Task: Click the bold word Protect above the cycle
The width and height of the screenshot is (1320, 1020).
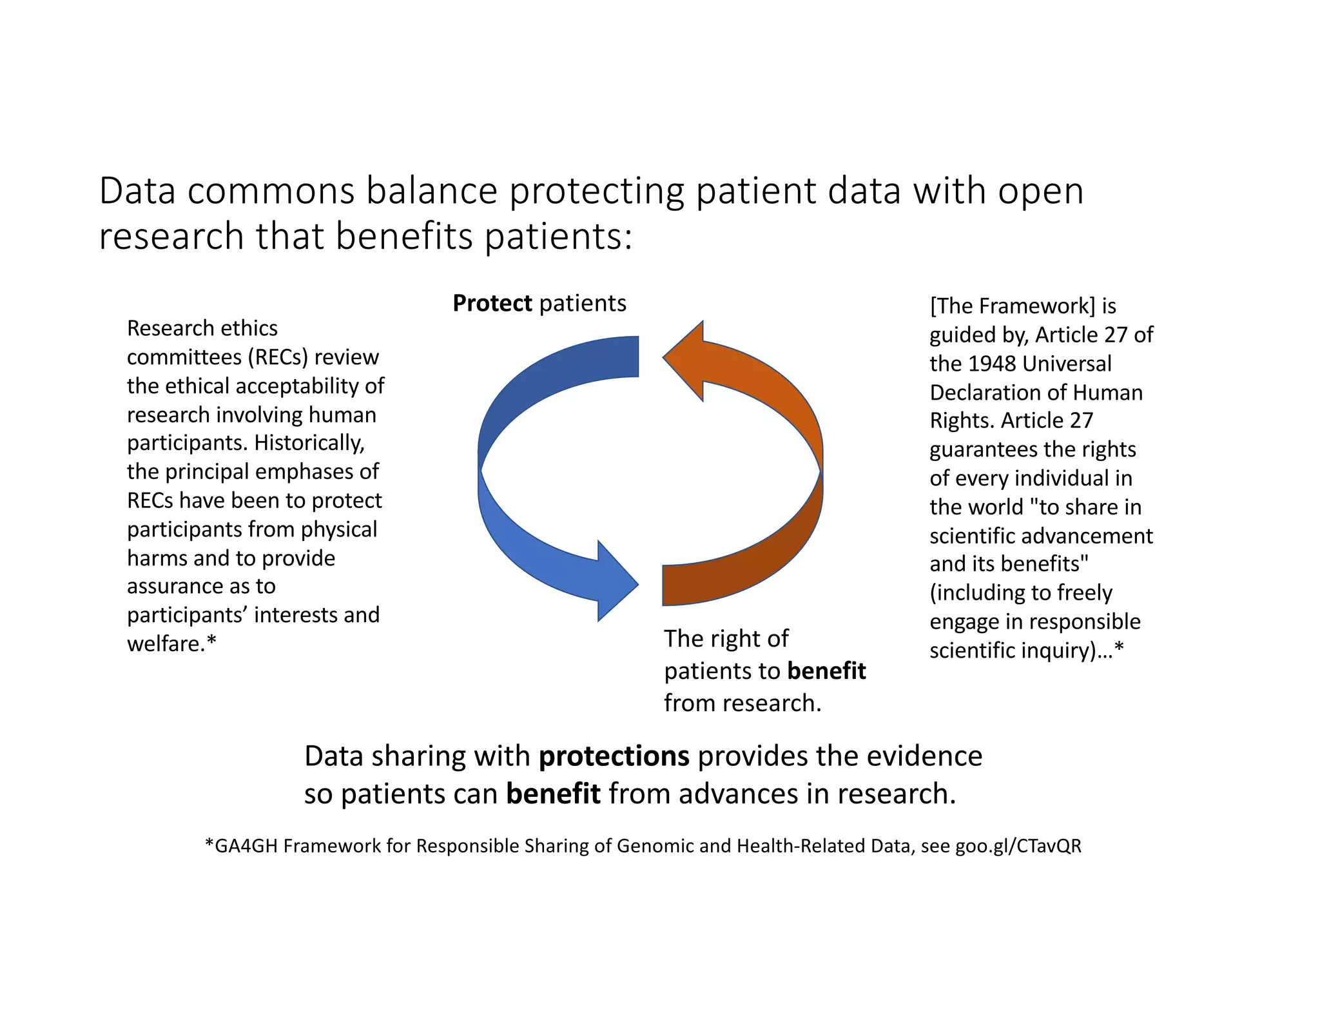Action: point(492,303)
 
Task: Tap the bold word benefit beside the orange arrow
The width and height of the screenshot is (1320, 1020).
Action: point(826,671)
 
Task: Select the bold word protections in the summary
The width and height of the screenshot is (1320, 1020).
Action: point(614,756)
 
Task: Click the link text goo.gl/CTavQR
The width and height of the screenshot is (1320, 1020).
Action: point(1018,846)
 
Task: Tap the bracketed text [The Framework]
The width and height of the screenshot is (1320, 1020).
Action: point(1012,306)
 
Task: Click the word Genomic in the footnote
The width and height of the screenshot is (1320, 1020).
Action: point(655,846)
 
